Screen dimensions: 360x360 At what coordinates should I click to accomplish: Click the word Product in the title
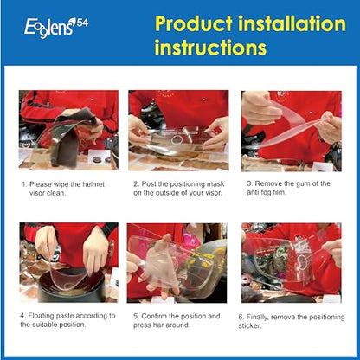pos(194,23)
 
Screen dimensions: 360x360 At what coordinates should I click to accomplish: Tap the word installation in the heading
pos(292,23)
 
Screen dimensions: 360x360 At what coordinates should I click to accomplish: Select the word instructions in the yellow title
pos(210,48)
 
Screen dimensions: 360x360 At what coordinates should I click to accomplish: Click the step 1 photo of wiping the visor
pos(68,130)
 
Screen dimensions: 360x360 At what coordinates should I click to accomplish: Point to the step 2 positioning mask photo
pos(178,131)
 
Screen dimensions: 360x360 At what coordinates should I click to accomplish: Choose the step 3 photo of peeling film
pos(292,132)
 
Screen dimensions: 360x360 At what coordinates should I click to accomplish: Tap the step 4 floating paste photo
pos(69,262)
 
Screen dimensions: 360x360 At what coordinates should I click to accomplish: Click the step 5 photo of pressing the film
pos(177,263)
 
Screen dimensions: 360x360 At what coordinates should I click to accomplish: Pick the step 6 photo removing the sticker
pos(292,263)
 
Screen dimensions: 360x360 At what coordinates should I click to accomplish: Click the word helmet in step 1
pos(93,184)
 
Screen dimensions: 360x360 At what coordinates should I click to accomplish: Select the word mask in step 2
pos(215,184)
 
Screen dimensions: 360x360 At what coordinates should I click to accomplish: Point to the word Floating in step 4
pos(41,316)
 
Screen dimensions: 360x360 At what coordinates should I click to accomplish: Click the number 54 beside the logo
pos(83,22)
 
